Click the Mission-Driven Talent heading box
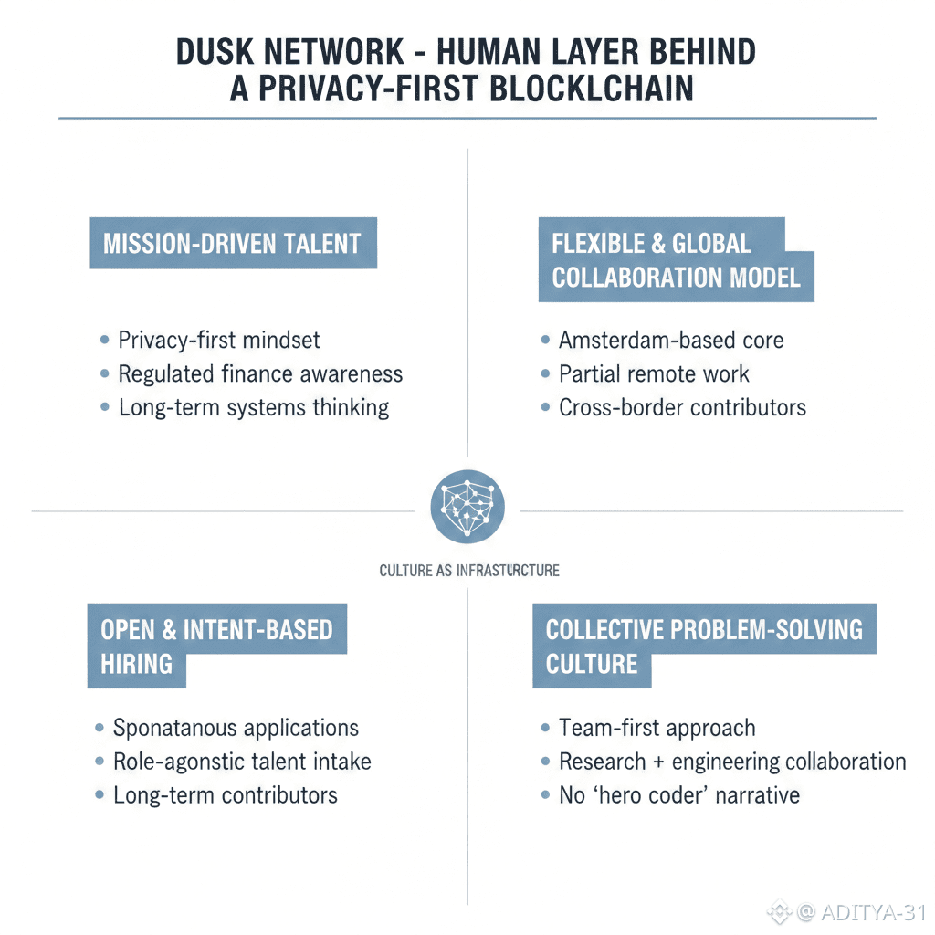click(233, 244)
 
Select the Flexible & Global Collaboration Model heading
click(676, 260)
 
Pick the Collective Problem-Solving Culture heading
click(703, 646)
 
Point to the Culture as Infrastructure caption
click(469, 571)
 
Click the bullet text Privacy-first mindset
click(219, 341)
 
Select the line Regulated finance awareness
click(260, 373)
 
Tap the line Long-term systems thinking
click(254, 407)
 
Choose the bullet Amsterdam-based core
click(671, 341)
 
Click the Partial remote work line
click(654, 373)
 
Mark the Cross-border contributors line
click(682, 407)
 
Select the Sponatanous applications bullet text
click(236, 728)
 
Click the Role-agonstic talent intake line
click(242, 762)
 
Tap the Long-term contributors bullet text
click(225, 795)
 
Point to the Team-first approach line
click(657, 728)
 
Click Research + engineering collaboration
click(732, 762)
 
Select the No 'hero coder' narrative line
click(679, 795)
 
